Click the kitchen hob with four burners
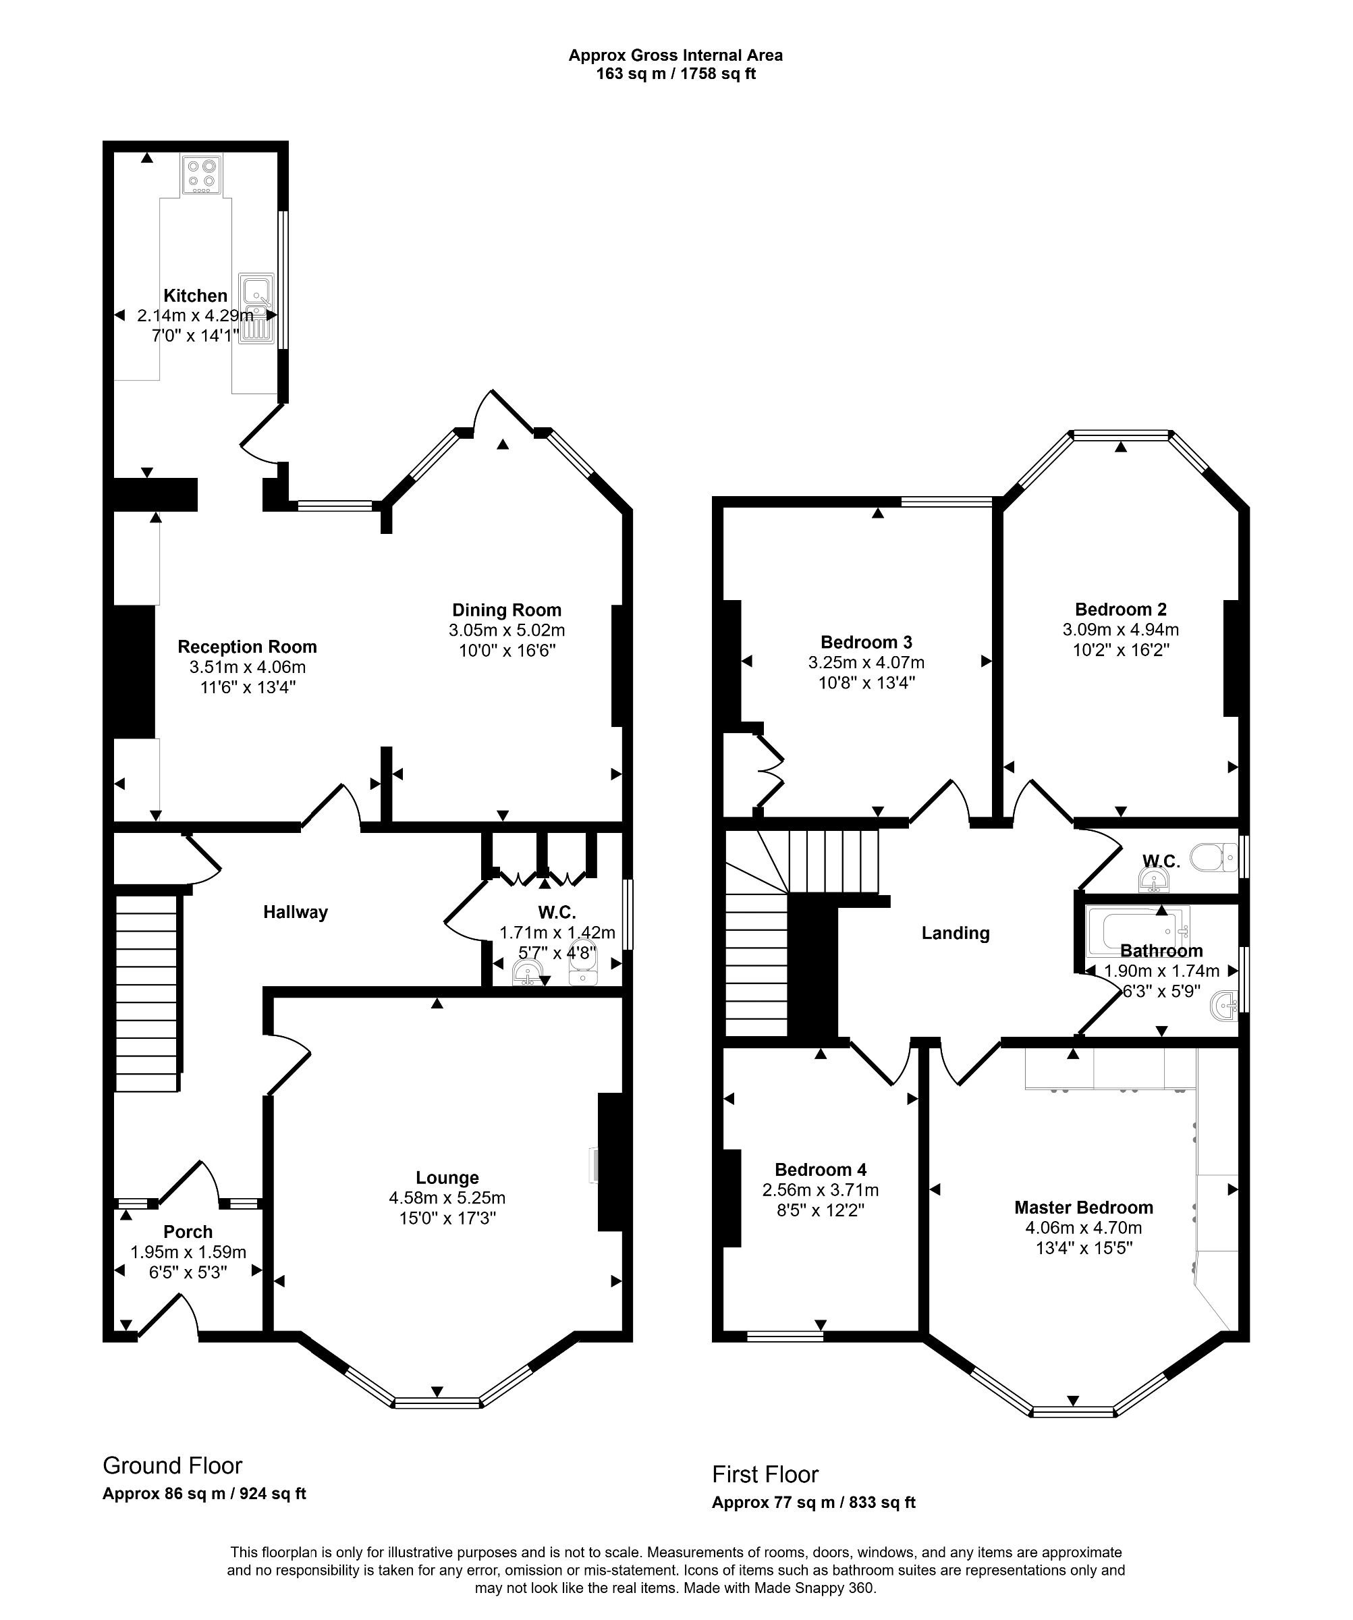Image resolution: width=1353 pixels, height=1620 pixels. pyautogui.click(x=201, y=174)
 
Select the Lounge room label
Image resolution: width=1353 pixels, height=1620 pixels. pyautogui.click(x=447, y=1177)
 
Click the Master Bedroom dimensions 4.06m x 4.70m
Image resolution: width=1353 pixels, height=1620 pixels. pyautogui.click(x=1083, y=1227)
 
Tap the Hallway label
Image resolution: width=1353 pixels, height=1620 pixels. pyautogui.click(x=296, y=912)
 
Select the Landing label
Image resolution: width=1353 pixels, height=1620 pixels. pyautogui.click(x=955, y=933)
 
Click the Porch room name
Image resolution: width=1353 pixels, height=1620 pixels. pyautogui.click(x=188, y=1232)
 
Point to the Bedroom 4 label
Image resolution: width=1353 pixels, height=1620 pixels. pyautogui.click(x=820, y=1170)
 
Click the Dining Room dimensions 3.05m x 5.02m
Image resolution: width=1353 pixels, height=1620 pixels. pyautogui.click(x=506, y=630)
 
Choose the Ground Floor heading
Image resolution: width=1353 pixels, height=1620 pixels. pyautogui.click(x=173, y=1465)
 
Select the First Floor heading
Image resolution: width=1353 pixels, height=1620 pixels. pyautogui.click(x=765, y=1474)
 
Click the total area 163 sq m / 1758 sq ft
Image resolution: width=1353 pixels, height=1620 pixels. pyautogui.click(x=675, y=74)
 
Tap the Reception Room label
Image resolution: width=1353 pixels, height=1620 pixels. pyautogui.click(x=247, y=647)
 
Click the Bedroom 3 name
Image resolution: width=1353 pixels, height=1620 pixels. pyautogui.click(x=866, y=642)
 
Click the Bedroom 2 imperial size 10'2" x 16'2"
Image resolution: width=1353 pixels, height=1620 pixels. pyautogui.click(x=1120, y=649)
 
